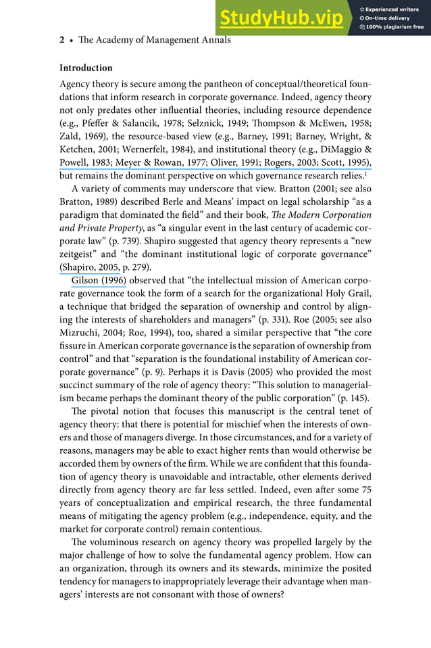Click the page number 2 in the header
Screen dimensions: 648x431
(x=61, y=40)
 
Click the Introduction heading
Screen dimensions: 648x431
(x=86, y=68)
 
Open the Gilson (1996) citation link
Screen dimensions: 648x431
(x=99, y=280)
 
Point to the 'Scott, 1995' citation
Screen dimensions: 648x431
(x=343, y=162)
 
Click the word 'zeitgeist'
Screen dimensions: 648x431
(x=78, y=254)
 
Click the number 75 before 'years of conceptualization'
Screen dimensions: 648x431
(x=365, y=490)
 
